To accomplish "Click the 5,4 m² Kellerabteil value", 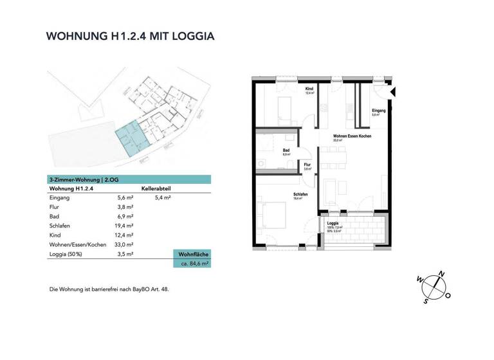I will coord(163,198).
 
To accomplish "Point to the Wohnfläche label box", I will coord(191,255).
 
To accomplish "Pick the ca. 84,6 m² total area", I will coord(192,264).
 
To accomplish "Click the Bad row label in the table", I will coord(55,217).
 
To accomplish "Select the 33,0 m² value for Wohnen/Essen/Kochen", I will coord(125,245).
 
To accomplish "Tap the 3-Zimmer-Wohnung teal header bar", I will coord(129,179).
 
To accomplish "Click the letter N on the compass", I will coord(441,273).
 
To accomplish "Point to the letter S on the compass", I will coord(425,300).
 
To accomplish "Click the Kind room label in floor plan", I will coord(309,89).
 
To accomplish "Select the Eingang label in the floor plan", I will coord(378,111).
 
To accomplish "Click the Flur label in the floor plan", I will coord(307,165).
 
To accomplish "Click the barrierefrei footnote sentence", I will coord(109,289).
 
